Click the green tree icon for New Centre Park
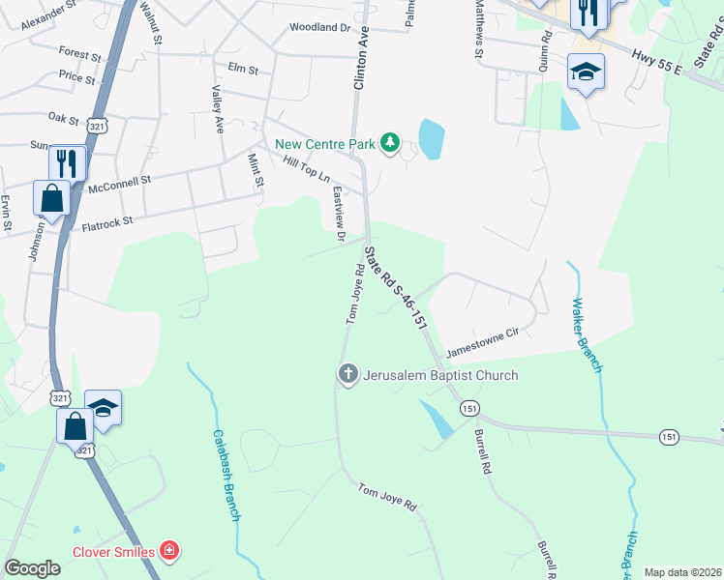389,144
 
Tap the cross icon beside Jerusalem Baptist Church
347,374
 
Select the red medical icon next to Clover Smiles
170,552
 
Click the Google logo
33,568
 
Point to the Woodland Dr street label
317,29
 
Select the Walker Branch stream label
587,335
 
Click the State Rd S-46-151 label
396,288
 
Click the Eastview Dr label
339,214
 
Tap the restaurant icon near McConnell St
67,161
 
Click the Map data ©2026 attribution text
681,571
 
